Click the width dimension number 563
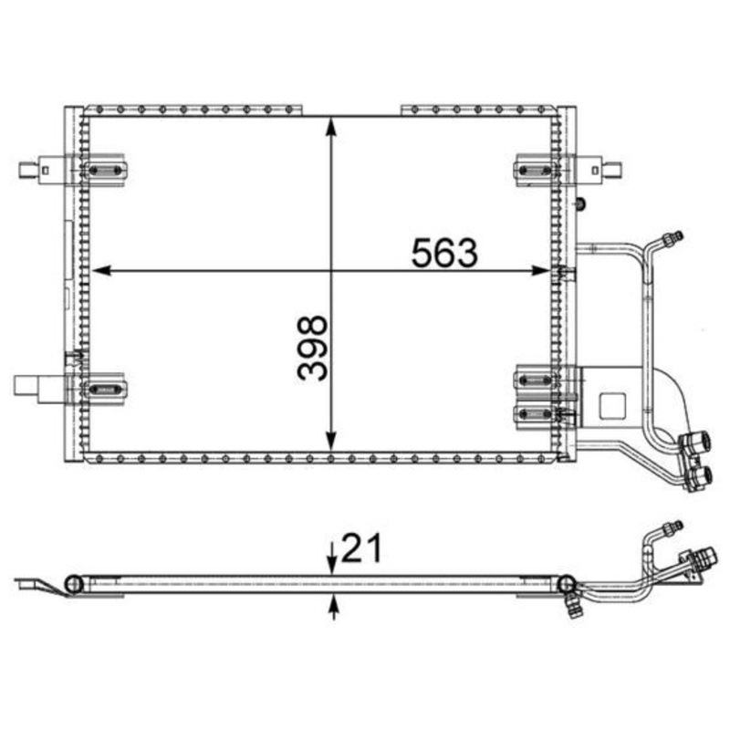(444, 253)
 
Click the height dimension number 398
(311, 348)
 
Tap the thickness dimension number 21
(359, 549)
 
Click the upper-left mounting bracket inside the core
(108, 170)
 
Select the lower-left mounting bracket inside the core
(106, 389)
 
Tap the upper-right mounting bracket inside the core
(535, 170)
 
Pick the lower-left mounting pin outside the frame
(27, 386)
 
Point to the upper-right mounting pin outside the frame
(614, 169)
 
